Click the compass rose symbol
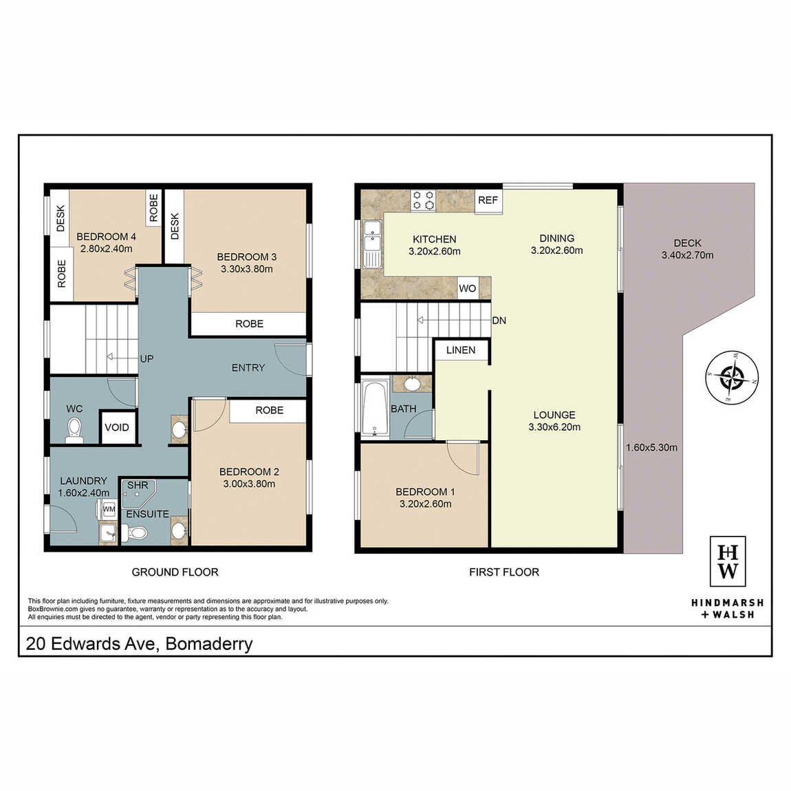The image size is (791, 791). pyautogui.click(x=731, y=378)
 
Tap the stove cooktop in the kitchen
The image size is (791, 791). pyautogui.click(x=423, y=199)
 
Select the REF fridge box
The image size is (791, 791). pyautogui.click(x=488, y=201)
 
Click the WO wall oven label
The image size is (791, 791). pyautogui.click(x=468, y=289)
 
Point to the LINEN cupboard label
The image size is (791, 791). pyautogui.click(x=461, y=350)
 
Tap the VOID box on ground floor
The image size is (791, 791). pyautogui.click(x=117, y=428)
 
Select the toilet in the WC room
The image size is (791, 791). pyautogui.click(x=75, y=429)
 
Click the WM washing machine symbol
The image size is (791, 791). pyautogui.click(x=109, y=510)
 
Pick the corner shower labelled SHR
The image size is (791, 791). pyautogui.click(x=138, y=494)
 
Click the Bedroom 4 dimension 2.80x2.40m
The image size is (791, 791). pyautogui.click(x=107, y=249)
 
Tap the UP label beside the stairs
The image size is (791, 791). pyautogui.click(x=147, y=358)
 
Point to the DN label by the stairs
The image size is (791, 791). pyautogui.click(x=499, y=321)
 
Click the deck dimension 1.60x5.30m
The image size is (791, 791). pyautogui.click(x=652, y=448)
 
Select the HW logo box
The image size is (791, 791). pyautogui.click(x=728, y=561)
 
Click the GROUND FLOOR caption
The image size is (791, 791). pyautogui.click(x=175, y=572)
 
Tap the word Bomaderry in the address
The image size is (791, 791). pyautogui.click(x=209, y=644)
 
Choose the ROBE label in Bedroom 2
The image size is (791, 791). pyautogui.click(x=270, y=410)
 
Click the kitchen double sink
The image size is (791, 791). pyautogui.click(x=372, y=243)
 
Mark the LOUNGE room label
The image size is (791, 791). pyautogui.click(x=554, y=415)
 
